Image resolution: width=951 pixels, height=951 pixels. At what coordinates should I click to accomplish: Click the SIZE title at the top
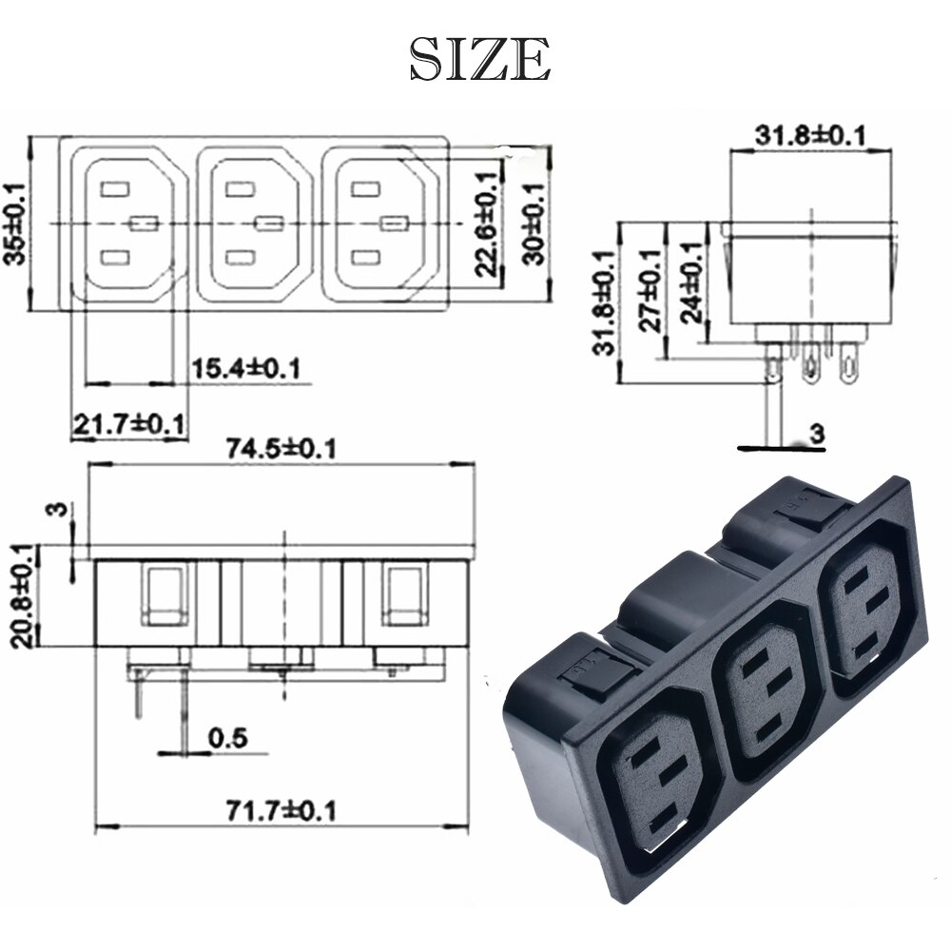[479, 59]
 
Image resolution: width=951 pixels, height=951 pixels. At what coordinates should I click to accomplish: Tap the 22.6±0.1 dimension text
[488, 225]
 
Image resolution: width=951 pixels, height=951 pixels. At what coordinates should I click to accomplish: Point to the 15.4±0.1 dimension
[245, 367]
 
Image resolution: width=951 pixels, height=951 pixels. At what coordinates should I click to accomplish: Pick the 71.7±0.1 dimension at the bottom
[281, 810]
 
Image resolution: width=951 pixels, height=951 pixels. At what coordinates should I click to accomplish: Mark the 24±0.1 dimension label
[692, 282]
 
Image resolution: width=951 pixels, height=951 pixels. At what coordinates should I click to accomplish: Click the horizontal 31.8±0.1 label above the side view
[811, 136]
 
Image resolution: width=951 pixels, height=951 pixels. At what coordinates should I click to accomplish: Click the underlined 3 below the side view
[816, 434]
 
